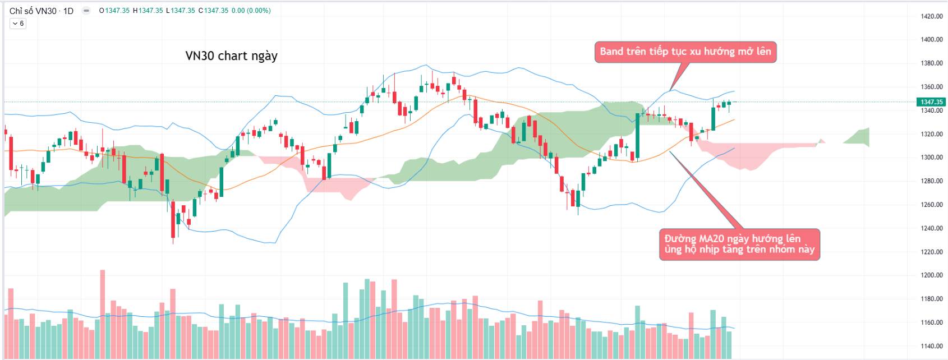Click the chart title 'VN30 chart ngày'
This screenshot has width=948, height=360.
click(231, 56)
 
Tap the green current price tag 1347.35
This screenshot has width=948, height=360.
click(931, 102)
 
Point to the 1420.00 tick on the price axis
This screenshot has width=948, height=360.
click(931, 16)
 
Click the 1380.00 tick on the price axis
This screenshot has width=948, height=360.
click(931, 63)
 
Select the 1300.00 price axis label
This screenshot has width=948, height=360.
click(931, 158)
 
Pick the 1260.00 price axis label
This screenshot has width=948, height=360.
click(931, 205)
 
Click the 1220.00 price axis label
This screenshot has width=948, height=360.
click(931, 252)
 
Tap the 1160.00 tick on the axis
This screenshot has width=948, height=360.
click(931, 322)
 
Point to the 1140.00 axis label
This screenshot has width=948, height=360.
click(931, 346)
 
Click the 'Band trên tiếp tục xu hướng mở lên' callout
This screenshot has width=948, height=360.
click(685, 52)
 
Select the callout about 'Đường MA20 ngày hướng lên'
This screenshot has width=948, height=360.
click(739, 244)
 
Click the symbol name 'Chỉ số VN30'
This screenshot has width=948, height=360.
click(33, 11)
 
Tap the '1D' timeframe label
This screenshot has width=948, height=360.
click(68, 11)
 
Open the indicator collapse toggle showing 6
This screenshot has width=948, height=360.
click(18, 24)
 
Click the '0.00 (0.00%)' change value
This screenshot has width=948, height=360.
click(251, 11)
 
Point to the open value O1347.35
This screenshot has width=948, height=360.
click(114, 11)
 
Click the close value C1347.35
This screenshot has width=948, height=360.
click(214, 11)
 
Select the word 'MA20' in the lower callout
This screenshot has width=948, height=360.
click(712, 239)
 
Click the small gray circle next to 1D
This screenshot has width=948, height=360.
click(86, 11)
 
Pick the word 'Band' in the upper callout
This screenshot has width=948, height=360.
click(611, 52)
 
